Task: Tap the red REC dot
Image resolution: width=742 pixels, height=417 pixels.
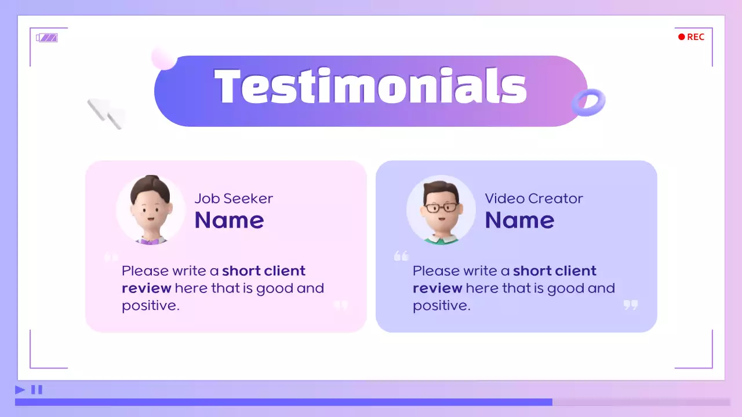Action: tap(682, 37)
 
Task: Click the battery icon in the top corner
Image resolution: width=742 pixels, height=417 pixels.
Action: tap(47, 38)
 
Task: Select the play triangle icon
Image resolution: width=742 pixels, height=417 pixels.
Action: tap(20, 390)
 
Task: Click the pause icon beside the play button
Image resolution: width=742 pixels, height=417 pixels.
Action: tap(37, 390)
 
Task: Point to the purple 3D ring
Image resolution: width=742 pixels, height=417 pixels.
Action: tap(588, 103)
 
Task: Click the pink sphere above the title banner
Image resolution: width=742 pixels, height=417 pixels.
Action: tap(163, 57)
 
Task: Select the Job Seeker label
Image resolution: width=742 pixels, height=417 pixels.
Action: tap(234, 199)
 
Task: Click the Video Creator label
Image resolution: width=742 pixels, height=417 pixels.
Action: tap(534, 199)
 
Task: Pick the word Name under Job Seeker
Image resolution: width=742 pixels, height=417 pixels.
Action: tap(230, 220)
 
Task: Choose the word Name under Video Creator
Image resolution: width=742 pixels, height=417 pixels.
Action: tap(519, 220)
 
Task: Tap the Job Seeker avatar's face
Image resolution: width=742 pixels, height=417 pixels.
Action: tap(150, 212)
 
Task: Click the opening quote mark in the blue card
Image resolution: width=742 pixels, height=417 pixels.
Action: tap(401, 255)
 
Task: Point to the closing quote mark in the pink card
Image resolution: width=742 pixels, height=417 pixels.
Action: tap(341, 305)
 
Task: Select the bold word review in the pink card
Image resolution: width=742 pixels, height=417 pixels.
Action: tap(147, 288)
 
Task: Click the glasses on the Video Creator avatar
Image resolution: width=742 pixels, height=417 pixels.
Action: tap(441, 207)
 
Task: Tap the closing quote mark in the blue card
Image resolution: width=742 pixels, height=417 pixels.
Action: tap(631, 305)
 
